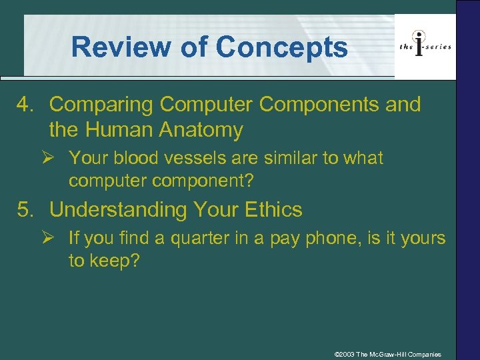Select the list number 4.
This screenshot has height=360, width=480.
[25, 105]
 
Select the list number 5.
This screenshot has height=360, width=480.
[25, 210]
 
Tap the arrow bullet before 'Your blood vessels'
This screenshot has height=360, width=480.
[56, 159]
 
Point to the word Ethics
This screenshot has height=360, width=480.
[273, 210]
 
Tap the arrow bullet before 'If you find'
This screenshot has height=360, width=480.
[56, 238]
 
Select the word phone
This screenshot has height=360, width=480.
[323, 238]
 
